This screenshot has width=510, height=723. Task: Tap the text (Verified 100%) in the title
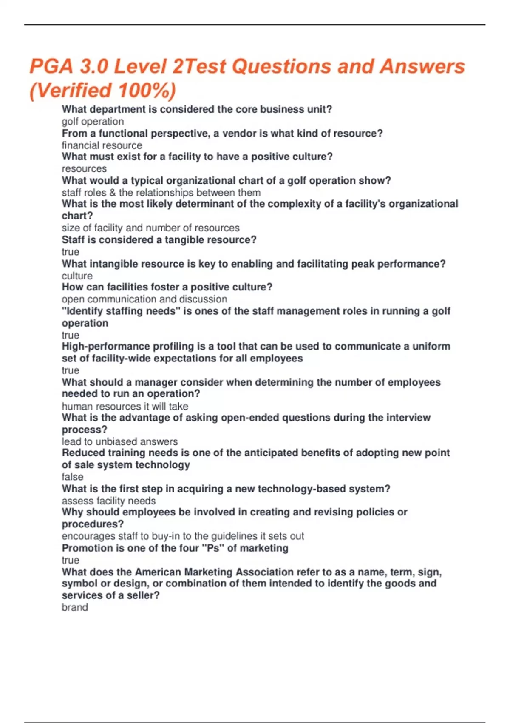point(102,91)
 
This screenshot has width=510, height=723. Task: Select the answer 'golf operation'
point(93,122)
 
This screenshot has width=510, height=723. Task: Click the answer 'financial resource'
point(102,145)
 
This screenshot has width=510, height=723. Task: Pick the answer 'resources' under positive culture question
point(84,169)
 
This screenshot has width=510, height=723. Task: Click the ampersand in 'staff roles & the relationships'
point(112,193)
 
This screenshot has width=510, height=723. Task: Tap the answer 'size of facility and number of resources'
point(150,228)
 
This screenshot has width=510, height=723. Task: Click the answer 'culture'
point(77,276)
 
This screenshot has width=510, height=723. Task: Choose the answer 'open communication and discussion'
point(144,299)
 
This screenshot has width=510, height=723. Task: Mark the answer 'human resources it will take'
point(125,407)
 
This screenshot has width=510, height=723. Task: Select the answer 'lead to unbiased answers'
point(120,442)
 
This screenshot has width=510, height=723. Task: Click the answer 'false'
point(72,477)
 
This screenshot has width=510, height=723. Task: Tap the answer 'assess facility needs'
point(109,501)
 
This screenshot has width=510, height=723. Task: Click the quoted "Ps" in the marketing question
point(213,548)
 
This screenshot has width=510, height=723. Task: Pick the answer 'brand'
point(75,607)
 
